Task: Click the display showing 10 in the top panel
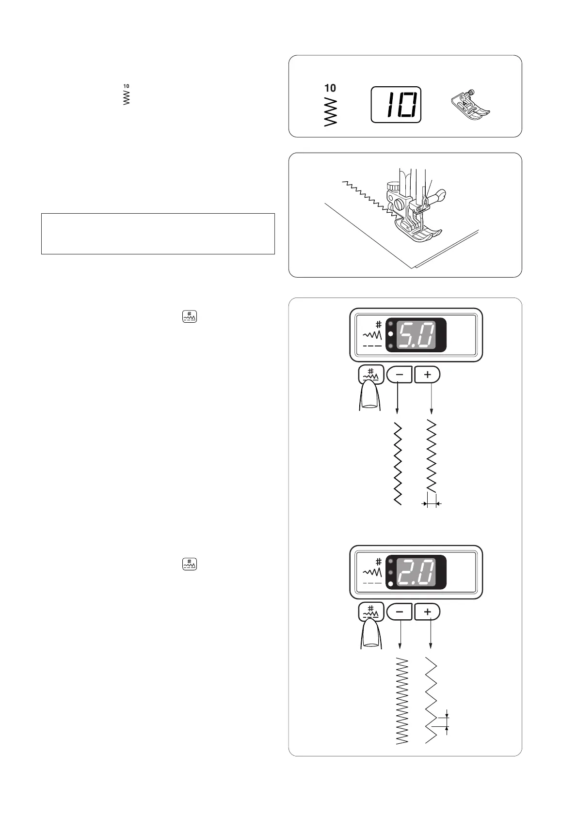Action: click(x=396, y=105)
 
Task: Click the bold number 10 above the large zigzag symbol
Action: click(x=330, y=88)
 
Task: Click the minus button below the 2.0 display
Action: click(x=400, y=612)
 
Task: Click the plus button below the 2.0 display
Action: click(x=427, y=612)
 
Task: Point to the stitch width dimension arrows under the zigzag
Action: click(x=432, y=504)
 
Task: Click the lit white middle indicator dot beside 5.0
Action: click(x=390, y=335)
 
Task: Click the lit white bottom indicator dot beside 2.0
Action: click(x=391, y=584)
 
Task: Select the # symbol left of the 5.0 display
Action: click(x=378, y=325)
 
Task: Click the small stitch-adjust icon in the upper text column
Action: click(x=190, y=317)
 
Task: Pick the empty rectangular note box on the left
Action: click(x=158, y=234)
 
